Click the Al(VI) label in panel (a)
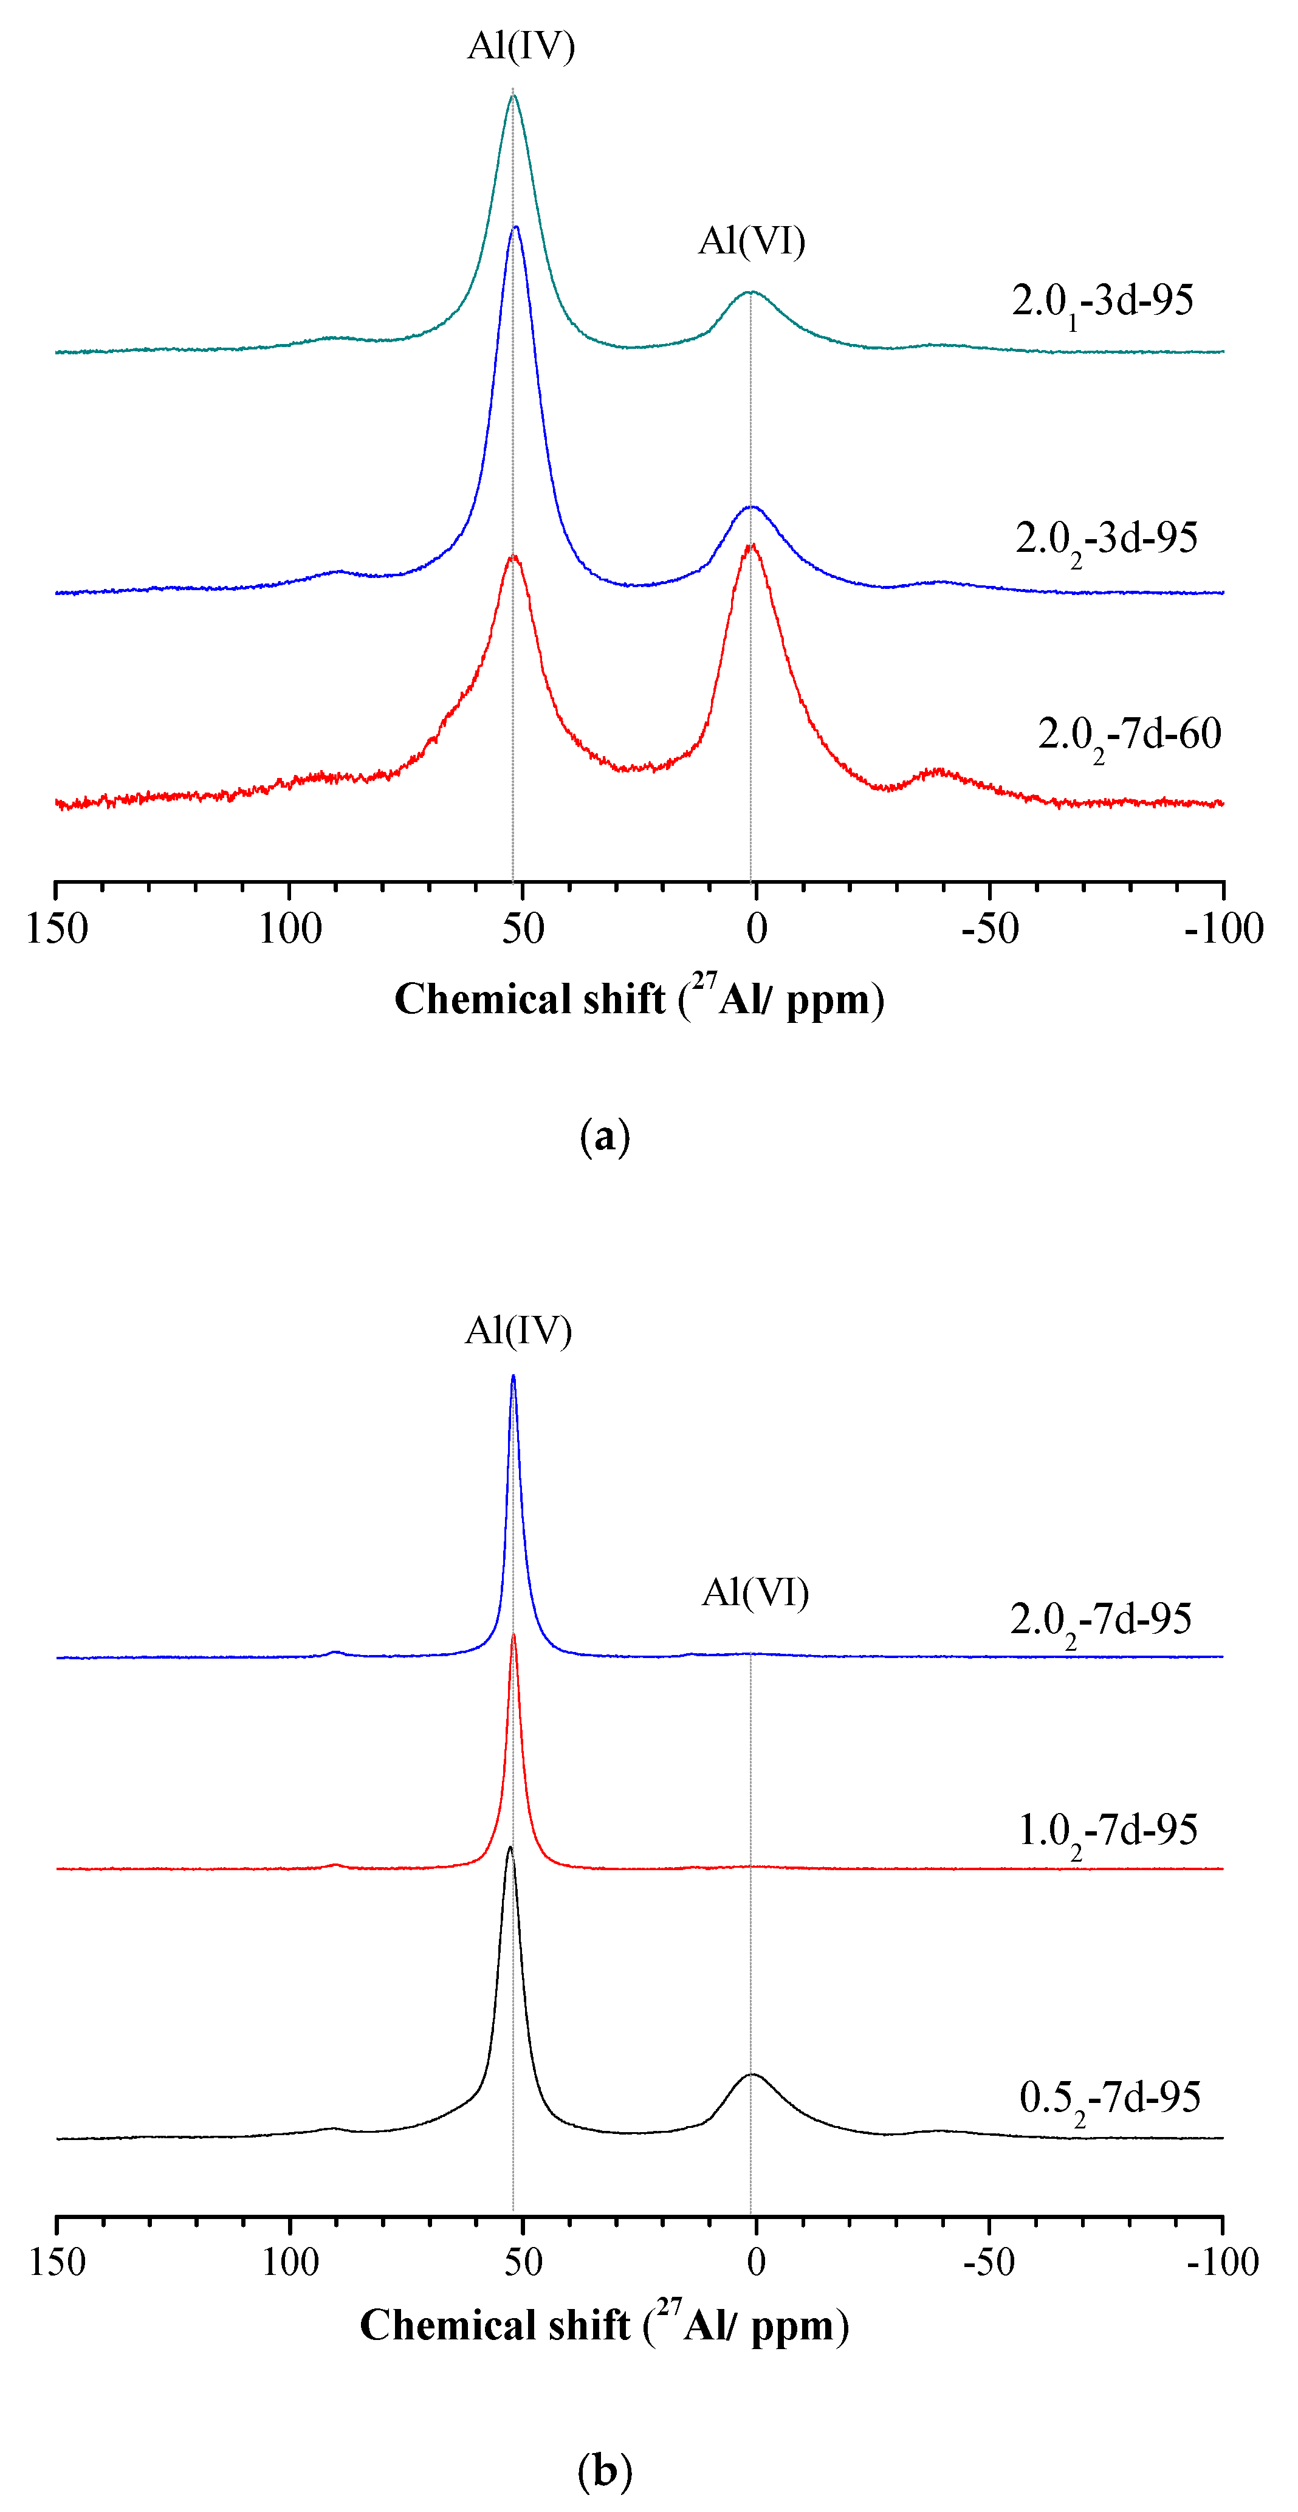[751, 241]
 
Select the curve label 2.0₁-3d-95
[1102, 301]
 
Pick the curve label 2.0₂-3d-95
[1106, 539]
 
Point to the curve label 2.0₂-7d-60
[1129, 735]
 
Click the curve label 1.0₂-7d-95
[1108, 1831]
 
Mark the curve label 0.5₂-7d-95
[1110, 2099]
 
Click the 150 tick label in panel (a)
[57, 928]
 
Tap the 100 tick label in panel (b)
[290, 2262]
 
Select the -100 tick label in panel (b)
[1223, 2262]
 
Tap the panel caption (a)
[605, 1137]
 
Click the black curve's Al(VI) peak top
[752, 2074]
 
